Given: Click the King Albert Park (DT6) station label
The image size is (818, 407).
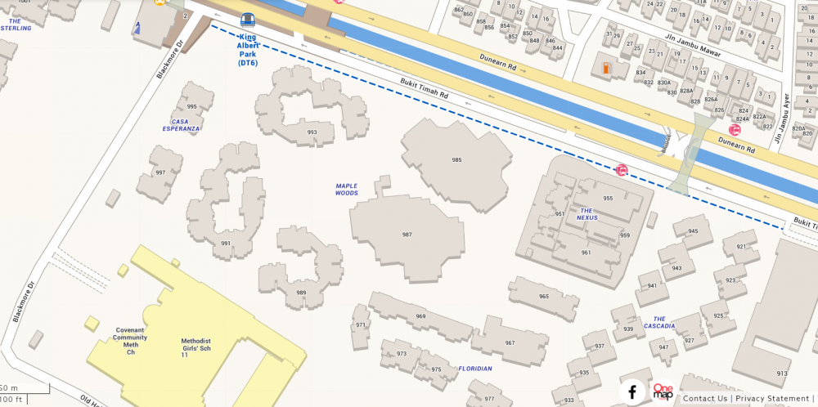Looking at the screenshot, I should point(247,51).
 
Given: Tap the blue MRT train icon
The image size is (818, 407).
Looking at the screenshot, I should point(247,20).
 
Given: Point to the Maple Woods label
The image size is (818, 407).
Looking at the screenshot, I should point(347,190).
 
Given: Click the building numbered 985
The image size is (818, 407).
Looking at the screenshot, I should point(456,160).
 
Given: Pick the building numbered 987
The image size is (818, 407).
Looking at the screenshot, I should point(407,235).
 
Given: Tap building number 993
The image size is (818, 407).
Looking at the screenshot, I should point(312,132).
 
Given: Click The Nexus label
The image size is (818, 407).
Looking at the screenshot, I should point(587,214).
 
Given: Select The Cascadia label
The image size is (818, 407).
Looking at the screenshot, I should point(659,322).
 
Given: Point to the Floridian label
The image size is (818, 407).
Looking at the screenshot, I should point(475,369).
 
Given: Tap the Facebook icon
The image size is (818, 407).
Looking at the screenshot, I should point(631,392).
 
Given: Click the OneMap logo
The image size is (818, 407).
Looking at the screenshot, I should point(662,391).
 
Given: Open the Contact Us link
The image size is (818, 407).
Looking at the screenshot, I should point(705,399).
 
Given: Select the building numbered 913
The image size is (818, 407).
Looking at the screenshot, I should point(782,373).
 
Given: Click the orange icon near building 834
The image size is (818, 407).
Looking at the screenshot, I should point(606,69).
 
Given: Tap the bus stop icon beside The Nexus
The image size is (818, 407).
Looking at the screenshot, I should point(622,170).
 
